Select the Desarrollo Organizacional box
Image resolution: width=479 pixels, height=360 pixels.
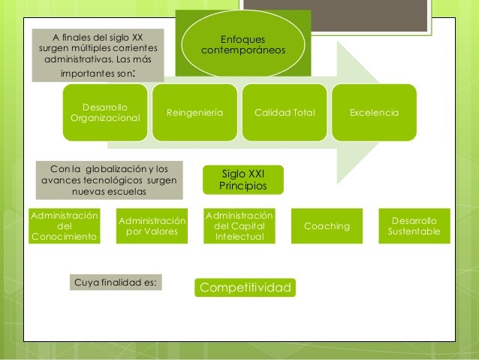click(105, 113)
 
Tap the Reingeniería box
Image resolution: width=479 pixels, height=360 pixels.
click(194, 113)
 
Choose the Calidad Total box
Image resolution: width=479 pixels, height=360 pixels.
click(285, 113)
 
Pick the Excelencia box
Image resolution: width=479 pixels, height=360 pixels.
click(374, 113)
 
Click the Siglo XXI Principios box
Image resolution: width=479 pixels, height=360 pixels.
click(241, 179)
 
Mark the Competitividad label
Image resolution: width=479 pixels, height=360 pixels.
click(245, 287)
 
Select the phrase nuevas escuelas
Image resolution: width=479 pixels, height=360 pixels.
click(109, 192)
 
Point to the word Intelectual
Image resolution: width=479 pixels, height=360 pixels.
click(239, 237)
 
